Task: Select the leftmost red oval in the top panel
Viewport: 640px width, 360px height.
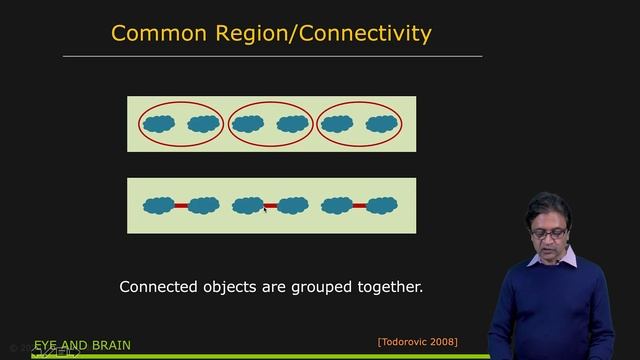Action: click(181, 104)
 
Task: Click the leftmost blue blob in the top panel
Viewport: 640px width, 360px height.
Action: click(159, 125)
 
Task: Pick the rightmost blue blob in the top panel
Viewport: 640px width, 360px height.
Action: click(381, 125)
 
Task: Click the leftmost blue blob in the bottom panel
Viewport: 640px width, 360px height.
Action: click(159, 205)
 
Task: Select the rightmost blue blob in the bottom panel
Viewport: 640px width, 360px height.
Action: click(381, 205)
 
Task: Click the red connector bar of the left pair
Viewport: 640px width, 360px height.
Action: click(181, 205)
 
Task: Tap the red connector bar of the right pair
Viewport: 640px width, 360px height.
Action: click(359, 205)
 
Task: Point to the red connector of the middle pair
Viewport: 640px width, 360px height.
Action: click(270, 205)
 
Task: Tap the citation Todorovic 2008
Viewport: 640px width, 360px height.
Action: click(417, 342)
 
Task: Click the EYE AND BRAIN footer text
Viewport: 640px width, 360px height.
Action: click(82, 346)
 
